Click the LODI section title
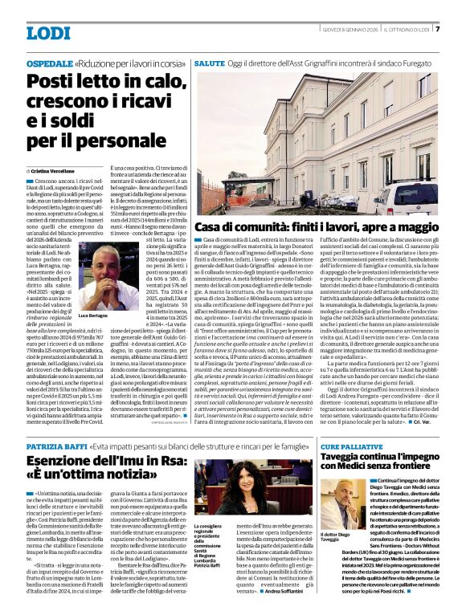48,33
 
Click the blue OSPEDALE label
49,62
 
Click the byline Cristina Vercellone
53,172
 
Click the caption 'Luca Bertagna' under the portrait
92,316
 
